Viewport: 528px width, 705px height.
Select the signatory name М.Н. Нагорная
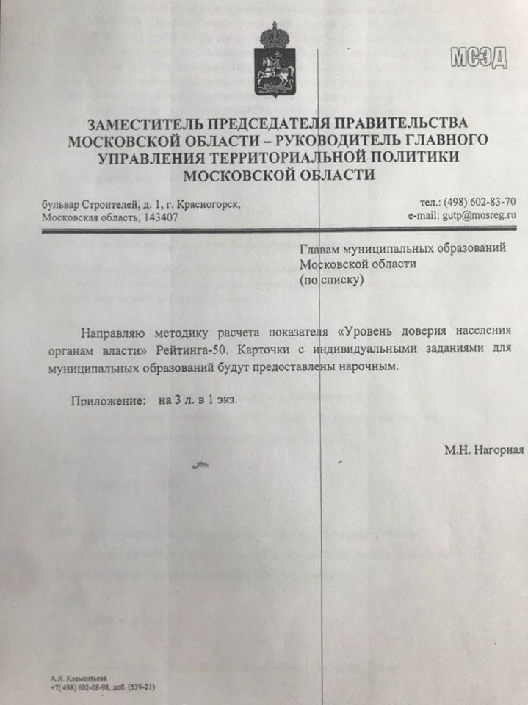point(483,449)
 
